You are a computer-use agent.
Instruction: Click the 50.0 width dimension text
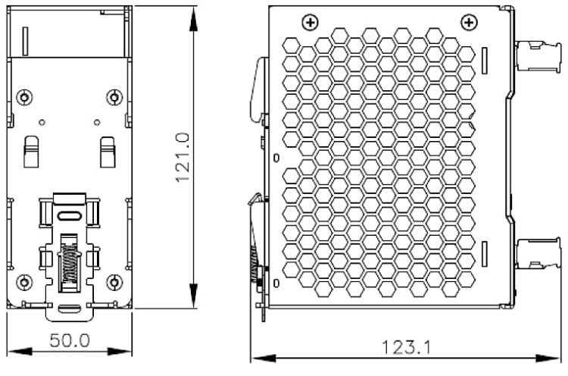[70, 340]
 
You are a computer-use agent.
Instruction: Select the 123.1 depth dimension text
[407, 348]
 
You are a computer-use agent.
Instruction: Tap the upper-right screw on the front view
[114, 97]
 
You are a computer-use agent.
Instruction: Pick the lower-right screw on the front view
[114, 282]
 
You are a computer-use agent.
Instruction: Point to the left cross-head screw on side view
[310, 23]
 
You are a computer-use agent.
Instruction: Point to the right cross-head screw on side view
[470, 23]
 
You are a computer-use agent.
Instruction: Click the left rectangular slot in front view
[31, 152]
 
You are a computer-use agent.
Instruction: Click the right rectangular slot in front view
[108, 152]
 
